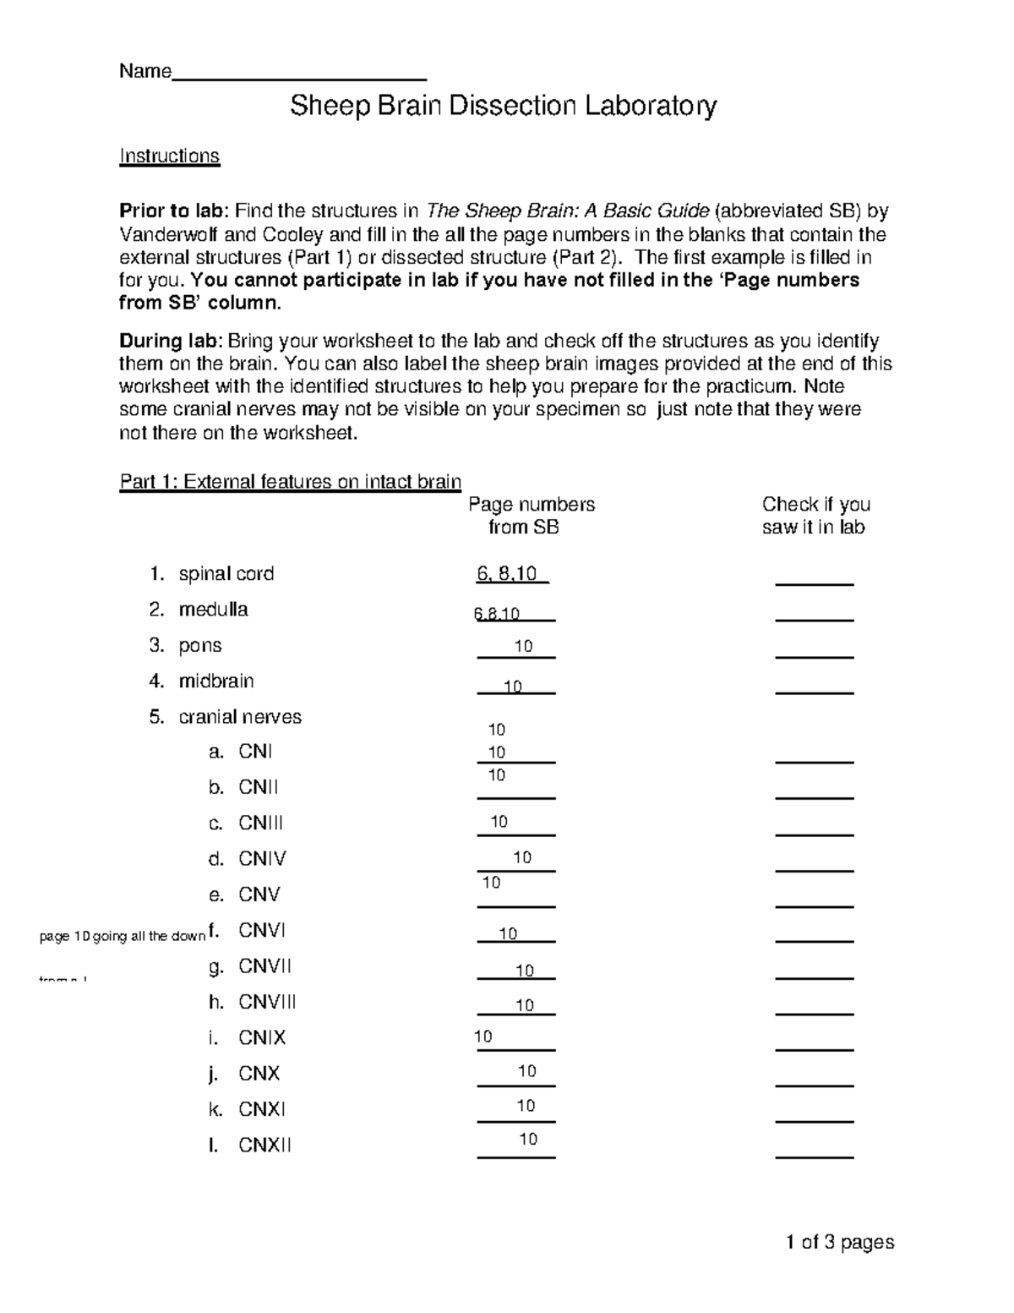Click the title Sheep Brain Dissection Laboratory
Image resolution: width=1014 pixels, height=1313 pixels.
pyautogui.click(x=504, y=107)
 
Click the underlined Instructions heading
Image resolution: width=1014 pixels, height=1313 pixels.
pyautogui.click(x=169, y=156)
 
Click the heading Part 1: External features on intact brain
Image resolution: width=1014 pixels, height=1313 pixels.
pyautogui.click(x=290, y=482)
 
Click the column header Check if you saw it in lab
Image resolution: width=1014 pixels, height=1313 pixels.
pyautogui.click(x=815, y=516)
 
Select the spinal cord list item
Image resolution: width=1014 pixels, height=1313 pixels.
pyautogui.click(x=226, y=574)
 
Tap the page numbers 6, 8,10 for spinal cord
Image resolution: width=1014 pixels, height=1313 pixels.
pyautogui.click(x=507, y=574)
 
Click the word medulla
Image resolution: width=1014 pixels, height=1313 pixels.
pyautogui.click(x=213, y=610)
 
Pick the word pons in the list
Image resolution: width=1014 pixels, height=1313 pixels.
pyautogui.click(x=200, y=646)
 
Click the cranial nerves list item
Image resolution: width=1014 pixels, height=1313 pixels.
pyautogui.click(x=240, y=717)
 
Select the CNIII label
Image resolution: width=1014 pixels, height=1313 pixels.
pyautogui.click(x=260, y=823)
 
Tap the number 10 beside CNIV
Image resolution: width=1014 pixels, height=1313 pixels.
pyautogui.click(x=522, y=858)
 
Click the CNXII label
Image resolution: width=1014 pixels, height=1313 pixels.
pyautogui.click(x=264, y=1146)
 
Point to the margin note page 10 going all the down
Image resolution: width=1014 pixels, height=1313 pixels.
pyautogui.click(x=123, y=936)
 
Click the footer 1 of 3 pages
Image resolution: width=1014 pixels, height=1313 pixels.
pyautogui.click(x=839, y=1242)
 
